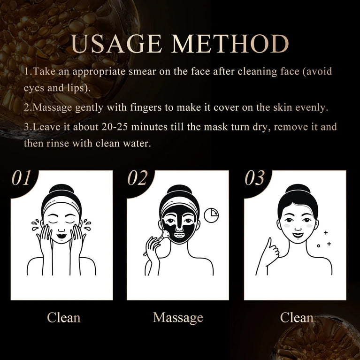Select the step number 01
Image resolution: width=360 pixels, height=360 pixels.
point(22,178)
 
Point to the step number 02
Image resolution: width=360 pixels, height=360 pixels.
point(137,178)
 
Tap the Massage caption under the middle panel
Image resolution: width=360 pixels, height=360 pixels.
point(178,317)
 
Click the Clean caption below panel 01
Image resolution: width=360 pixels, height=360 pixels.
point(63,317)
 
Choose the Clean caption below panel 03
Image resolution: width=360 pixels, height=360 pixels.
point(297,317)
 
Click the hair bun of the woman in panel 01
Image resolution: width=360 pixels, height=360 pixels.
point(61,190)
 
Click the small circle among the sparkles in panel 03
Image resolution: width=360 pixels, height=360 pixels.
point(318,245)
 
